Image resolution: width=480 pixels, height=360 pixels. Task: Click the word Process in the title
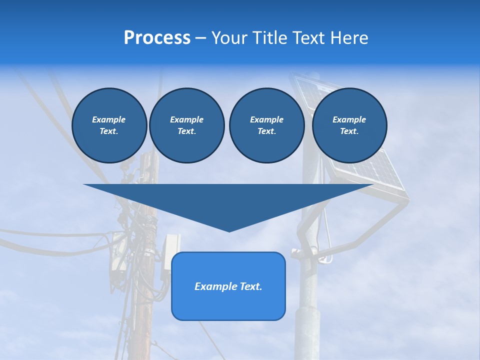pos(157,38)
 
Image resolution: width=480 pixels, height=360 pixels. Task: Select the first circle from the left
pos(109,125)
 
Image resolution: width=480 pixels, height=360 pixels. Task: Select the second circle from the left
pos(186,125)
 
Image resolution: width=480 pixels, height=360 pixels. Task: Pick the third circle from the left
pos(266,125)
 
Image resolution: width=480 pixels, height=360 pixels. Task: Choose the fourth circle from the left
pos(349,125)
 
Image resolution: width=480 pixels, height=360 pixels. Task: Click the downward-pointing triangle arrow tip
pos(229,227)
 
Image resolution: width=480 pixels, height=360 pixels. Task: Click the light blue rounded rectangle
pos(228,305)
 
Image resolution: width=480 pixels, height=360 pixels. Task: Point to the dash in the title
pos(200,38)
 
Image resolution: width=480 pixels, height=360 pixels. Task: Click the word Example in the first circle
pos(109,119)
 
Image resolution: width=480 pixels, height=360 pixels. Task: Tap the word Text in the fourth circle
pos(349,131)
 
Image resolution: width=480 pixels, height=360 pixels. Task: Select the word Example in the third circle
pos(266,119)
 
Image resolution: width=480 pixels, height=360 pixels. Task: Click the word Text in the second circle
pos(186,131)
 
